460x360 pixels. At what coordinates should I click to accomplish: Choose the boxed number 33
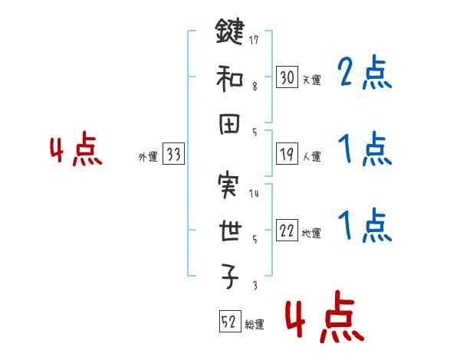click(172, 155)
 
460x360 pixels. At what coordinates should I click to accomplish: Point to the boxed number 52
click(228, 322)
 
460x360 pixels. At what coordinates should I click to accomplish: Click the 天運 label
click(312, 80)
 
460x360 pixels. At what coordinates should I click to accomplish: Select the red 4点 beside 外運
click(76, 151)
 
